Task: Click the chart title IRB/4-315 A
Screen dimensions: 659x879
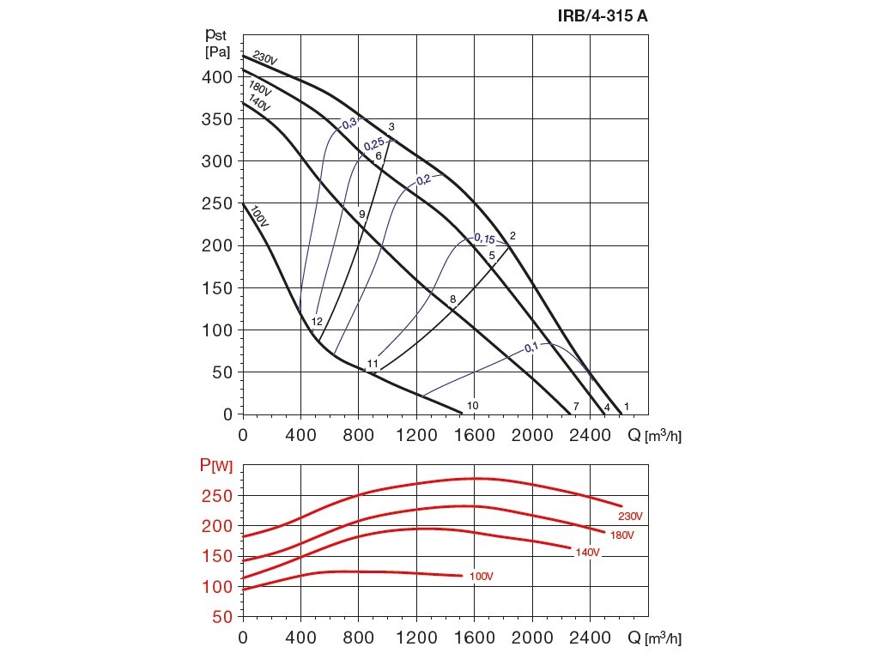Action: pos(599,15)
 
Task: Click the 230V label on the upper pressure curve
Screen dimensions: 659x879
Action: pos(265,58)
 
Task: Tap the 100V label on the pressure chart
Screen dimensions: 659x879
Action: pos(259,215)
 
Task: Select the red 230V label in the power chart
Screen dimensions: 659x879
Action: pos(630,516)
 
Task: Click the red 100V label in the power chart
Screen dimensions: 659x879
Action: pos(482,576)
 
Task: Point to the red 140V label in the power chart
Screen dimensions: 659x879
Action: pos(587,553)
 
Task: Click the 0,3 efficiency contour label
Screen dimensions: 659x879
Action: pos(350,123)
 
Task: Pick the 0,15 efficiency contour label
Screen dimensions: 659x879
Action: pos(485,238)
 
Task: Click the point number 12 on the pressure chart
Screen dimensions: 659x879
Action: pos(317,322)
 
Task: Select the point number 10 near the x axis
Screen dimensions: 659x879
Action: pos(472,405)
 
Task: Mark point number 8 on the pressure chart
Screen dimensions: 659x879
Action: pos(452,299)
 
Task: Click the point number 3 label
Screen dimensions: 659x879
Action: pos(391,127)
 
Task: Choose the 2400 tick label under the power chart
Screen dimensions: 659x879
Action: pos(590,638)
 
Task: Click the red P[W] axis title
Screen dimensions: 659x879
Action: pos(216,466)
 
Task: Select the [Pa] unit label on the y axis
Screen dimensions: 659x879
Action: pos(217,52)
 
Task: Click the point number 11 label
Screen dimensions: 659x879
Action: pos(373,364)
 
